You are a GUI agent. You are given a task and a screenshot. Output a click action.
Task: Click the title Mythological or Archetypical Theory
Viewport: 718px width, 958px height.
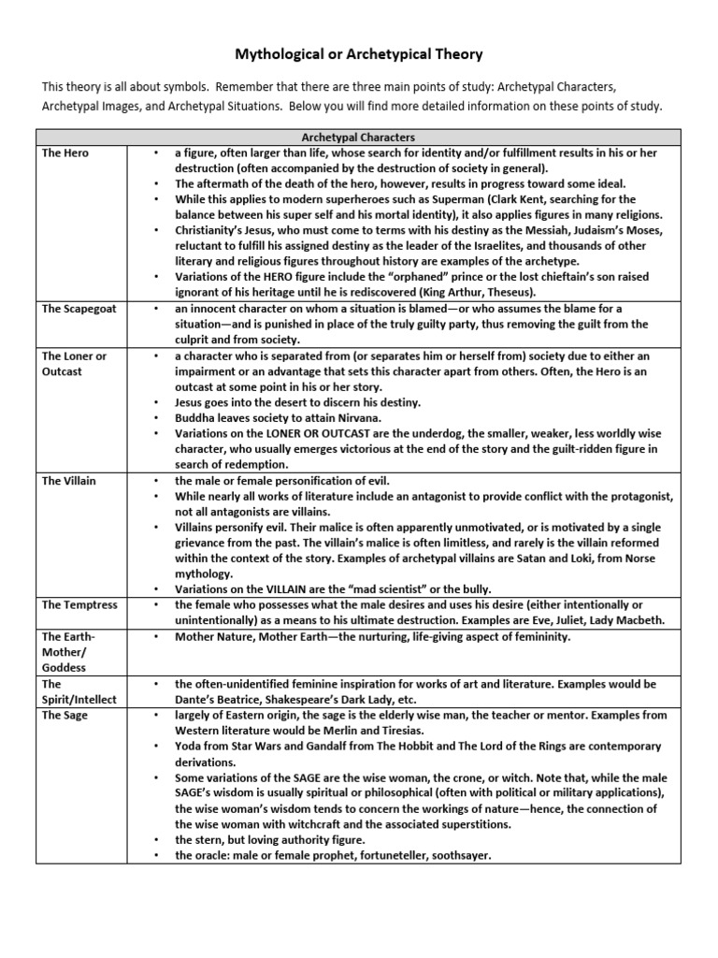coord(358,55)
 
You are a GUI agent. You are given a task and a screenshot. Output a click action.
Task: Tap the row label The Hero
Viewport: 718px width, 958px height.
coord(65,152)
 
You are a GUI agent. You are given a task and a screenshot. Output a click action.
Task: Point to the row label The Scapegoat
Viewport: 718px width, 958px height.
coord(79,309)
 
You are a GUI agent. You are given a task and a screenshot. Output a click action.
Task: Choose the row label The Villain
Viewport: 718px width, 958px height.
coord(69,480)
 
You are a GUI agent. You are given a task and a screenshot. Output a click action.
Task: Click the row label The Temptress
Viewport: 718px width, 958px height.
coord(79,605)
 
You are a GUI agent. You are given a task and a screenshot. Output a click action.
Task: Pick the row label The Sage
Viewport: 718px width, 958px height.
coord(65,715)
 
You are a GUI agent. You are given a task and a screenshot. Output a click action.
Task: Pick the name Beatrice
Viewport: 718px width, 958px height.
coord(242,699)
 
